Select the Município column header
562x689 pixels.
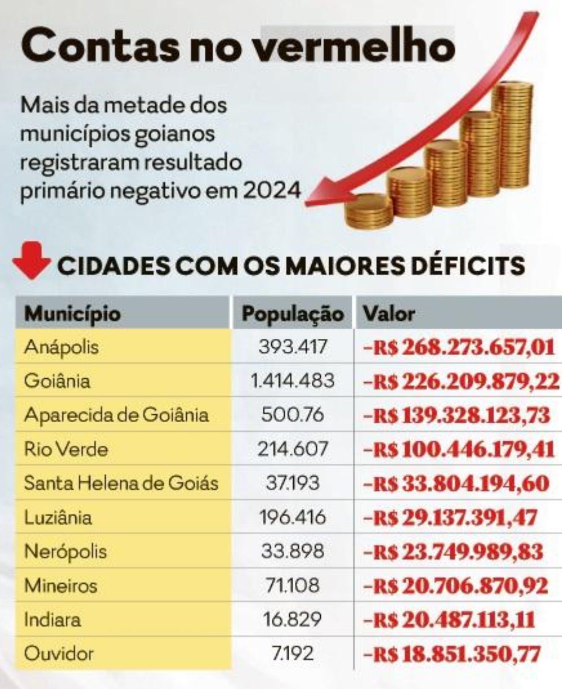(72, 314)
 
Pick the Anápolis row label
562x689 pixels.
(61, 347)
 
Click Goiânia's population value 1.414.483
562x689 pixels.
(292, 381)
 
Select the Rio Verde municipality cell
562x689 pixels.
(66, 449)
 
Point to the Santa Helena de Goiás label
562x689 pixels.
(121, 483)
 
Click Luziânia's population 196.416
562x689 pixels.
(293, 517)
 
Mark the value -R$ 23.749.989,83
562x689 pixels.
(453, 552)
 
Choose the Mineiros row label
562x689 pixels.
(60, 586)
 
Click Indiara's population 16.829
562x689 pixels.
(292, 620)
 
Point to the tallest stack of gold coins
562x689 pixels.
(512, 135)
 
